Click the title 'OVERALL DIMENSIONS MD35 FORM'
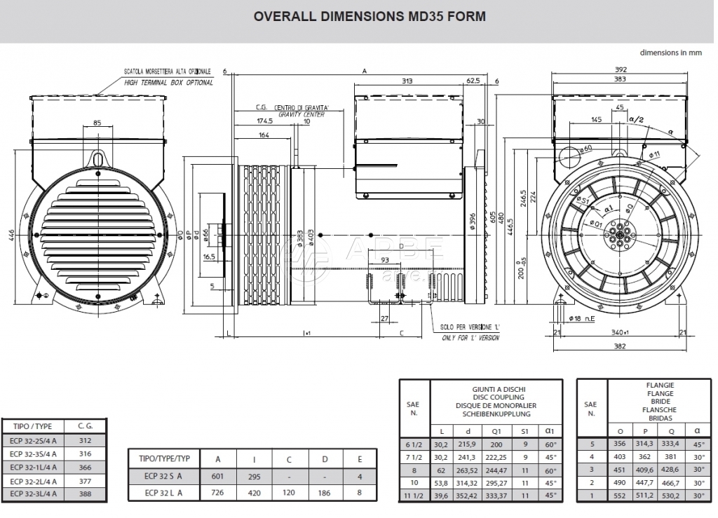359,16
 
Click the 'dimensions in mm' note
671,53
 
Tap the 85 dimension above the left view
97,123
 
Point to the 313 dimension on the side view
426,81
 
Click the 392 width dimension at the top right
620,69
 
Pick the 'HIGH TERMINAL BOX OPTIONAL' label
168,83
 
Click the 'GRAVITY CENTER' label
302,114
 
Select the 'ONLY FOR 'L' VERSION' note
470,338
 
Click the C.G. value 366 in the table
85,467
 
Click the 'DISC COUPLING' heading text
495,397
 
